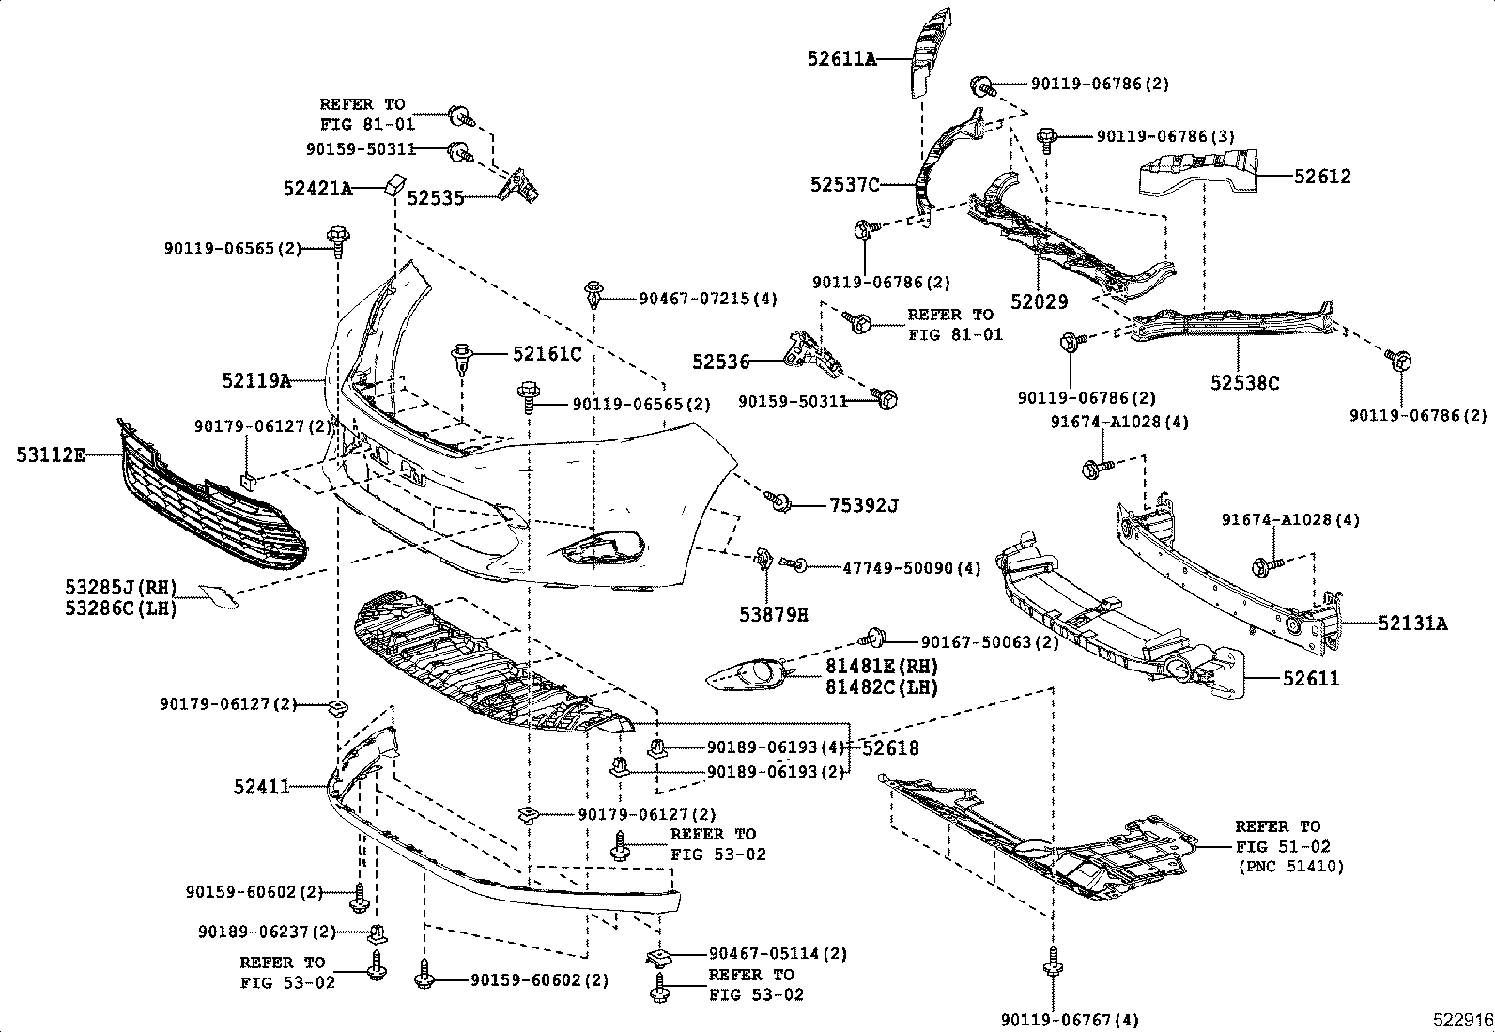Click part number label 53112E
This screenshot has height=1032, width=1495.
(50, 455)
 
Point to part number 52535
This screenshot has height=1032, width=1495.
(435, 198)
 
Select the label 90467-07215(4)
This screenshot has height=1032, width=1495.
(708, 299)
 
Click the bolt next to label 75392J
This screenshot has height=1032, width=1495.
(778, 502)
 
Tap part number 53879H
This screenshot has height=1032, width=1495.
(774, 615)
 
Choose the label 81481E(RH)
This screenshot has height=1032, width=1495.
(882, 665)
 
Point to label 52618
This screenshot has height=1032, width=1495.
(890, 748)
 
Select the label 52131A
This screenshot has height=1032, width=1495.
(1412, 623)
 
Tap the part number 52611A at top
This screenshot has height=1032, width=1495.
(840, 58)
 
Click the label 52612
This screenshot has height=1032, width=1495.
(1322, 176)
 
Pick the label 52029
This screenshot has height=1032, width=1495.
(1040, 301)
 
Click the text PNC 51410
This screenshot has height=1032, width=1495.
(1290, 866)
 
